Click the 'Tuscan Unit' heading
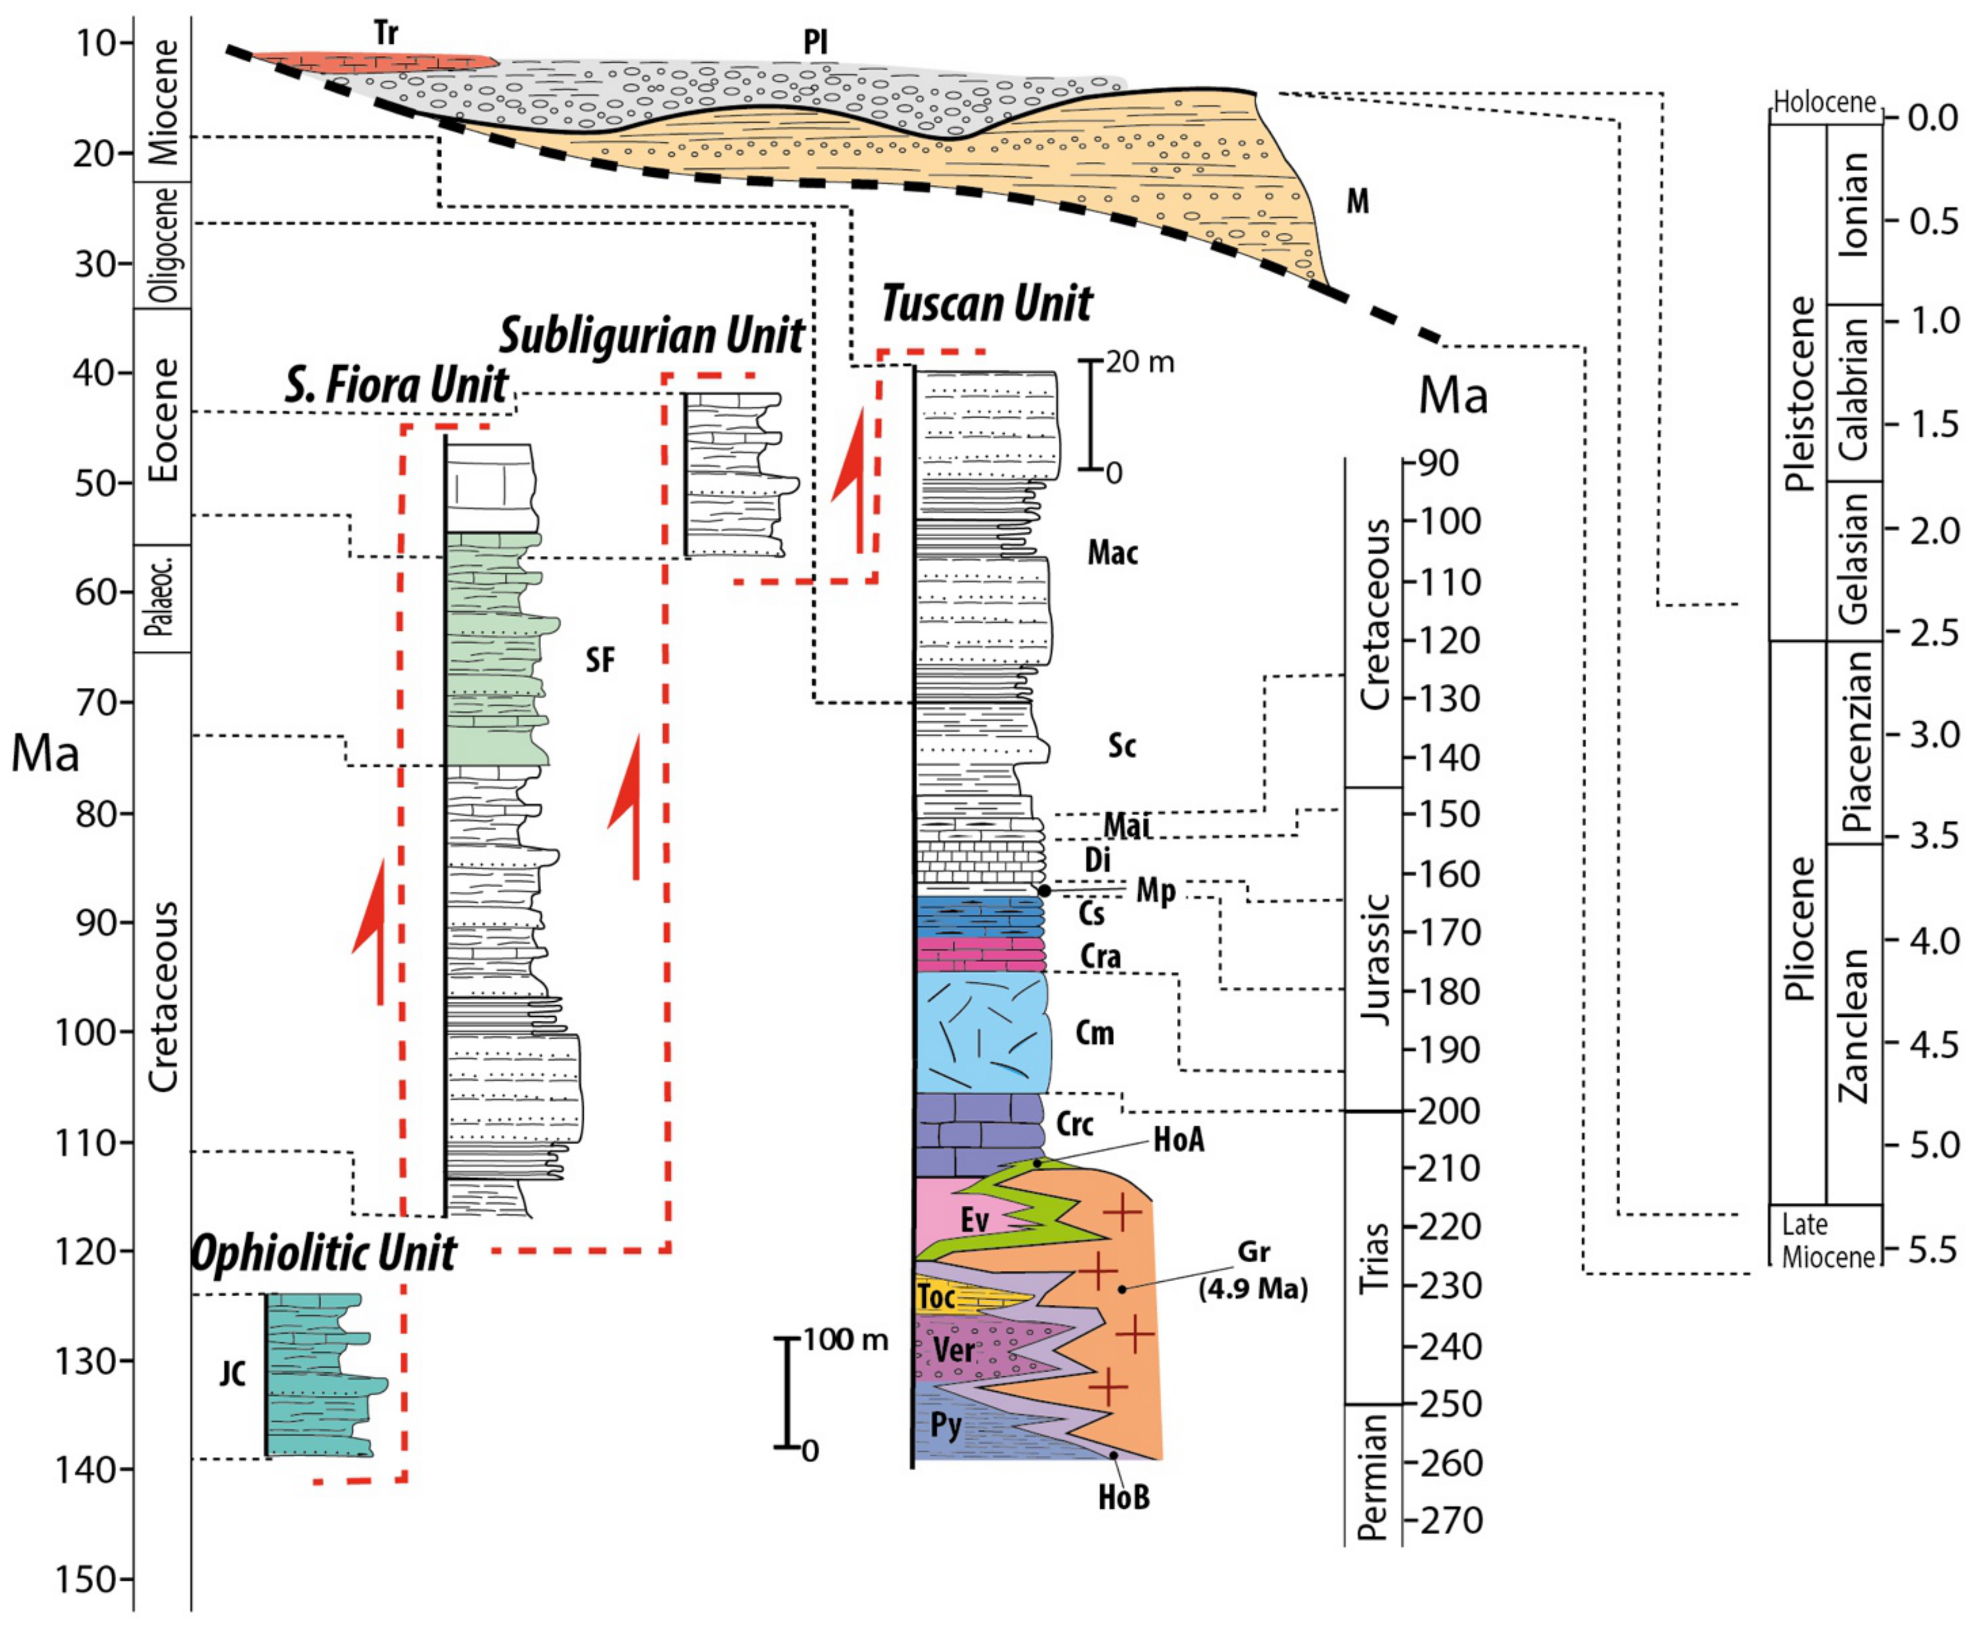[986, 304]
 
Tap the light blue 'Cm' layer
[982, 1033]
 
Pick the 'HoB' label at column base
[1123, 1497]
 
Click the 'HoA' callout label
[1178, 1140]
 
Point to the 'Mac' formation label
[1113, 552]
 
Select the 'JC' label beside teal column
[233, 1374]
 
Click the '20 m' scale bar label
[1139, 363]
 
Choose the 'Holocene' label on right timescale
[1824, 102]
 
